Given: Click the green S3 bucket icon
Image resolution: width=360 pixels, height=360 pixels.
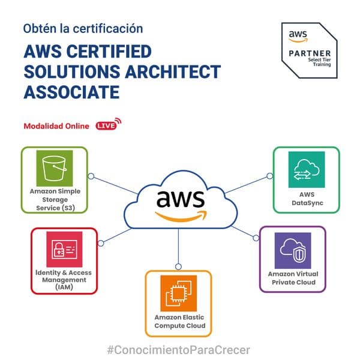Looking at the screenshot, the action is point(55,168).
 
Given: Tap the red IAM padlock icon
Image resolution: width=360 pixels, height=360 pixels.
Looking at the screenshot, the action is point(64,250).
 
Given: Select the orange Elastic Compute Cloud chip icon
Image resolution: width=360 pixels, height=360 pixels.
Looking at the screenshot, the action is point(179,293).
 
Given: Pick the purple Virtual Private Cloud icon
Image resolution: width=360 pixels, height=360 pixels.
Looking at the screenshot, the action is point(293,250).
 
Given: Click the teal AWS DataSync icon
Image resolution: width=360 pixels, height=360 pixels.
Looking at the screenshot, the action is point(307,169).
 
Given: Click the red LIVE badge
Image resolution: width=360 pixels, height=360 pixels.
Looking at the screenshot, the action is point(109,124).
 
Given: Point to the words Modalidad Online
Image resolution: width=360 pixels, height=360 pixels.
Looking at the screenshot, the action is point(56,126).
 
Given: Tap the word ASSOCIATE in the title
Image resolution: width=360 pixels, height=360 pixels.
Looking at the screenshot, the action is point(71,92).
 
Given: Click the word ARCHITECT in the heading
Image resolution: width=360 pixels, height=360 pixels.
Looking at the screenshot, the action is point(173,71).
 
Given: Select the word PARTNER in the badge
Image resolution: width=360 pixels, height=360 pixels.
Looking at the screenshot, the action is point(310,53).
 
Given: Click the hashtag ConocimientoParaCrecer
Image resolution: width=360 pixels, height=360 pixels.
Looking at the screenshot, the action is point(178,350).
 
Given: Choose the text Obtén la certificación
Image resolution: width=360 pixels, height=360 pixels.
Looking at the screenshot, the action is point(83,29).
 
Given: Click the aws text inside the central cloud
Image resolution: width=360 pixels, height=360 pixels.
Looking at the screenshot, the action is point(181,199).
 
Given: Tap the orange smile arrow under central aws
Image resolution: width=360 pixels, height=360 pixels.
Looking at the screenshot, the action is point(181,217).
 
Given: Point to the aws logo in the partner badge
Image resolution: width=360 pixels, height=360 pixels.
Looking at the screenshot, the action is point(298,36).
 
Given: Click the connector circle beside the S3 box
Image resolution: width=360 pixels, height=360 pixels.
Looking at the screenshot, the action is point(91,176).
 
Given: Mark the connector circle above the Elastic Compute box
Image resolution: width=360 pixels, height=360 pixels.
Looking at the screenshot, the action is point(178,266).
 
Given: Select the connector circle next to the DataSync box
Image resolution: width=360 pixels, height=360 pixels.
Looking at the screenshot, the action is point(270,176).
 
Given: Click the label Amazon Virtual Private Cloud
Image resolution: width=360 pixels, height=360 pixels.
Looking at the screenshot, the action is point(293,278).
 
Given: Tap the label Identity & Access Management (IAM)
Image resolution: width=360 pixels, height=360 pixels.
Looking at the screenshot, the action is point(64,280).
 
